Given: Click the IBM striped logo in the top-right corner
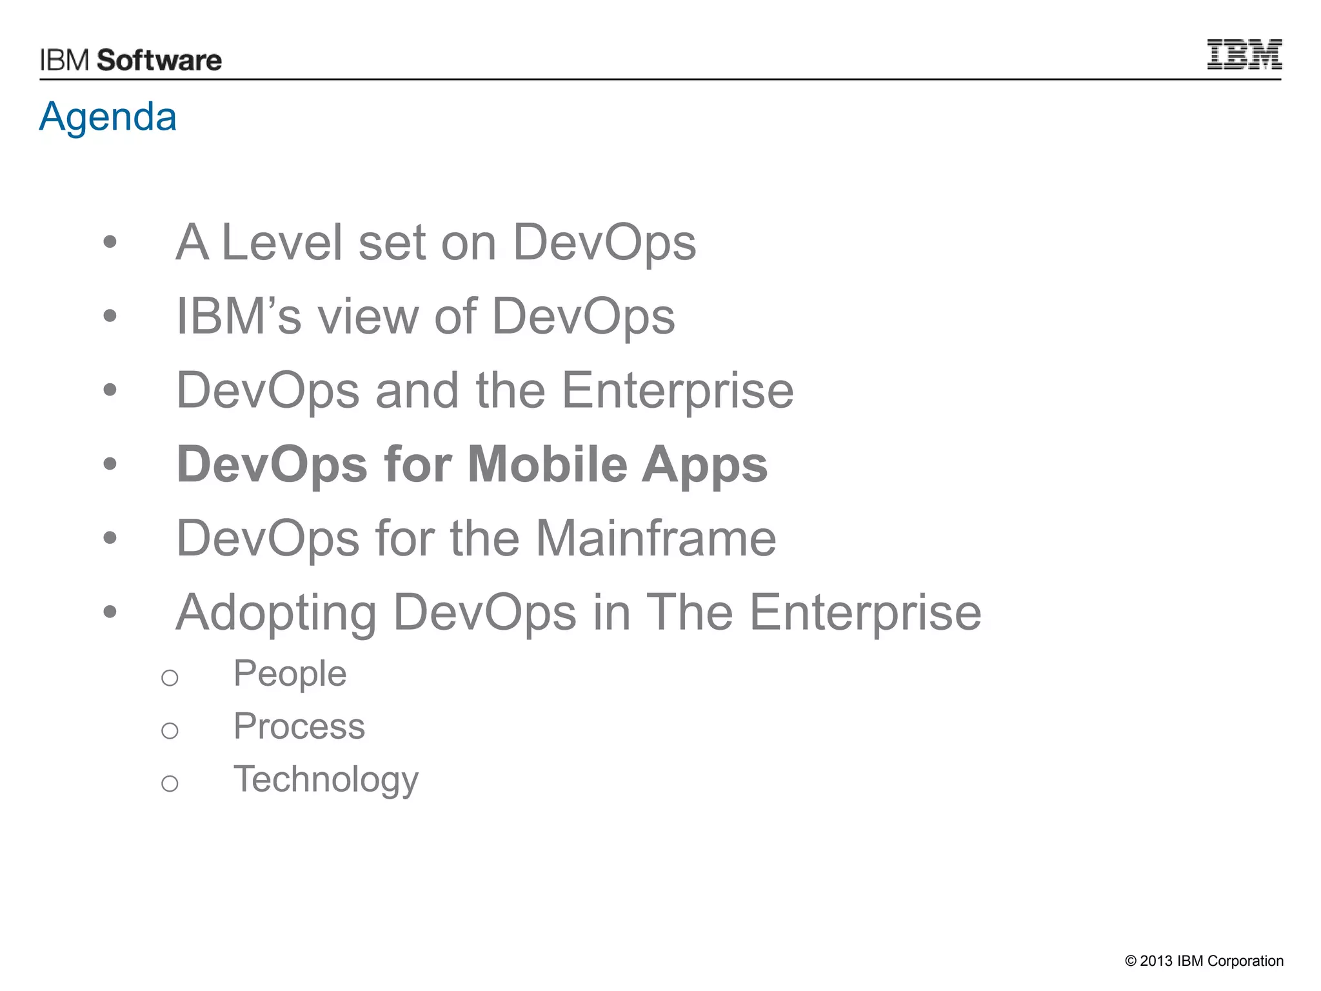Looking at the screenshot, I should (1244, 54).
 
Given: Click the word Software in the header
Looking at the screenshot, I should (159, 61).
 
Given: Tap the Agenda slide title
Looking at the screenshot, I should (108, 117).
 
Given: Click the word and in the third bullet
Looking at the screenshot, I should (417, 390).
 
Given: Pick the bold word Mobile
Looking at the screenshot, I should (547, 465).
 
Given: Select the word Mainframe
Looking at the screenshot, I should (656, 538).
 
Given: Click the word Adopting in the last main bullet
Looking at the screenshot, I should (276, 613).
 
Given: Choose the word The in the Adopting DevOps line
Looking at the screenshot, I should (689, 612).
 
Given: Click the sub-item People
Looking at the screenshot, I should (290, 674).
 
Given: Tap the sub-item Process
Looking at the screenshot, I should (299, 726).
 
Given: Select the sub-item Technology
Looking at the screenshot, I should (326, 780).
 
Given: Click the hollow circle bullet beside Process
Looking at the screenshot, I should (170, 730).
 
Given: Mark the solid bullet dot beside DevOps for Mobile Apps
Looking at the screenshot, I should (110, 463).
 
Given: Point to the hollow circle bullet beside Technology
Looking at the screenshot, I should (170, 783).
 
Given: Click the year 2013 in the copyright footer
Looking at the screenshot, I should (1156, 961).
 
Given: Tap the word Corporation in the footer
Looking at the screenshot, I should (1246, 961).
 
